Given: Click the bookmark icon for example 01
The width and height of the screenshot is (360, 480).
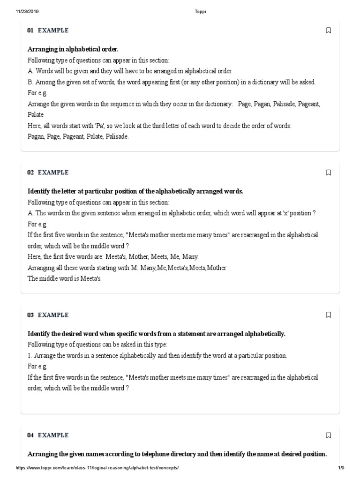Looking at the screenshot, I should [x=328, y=30].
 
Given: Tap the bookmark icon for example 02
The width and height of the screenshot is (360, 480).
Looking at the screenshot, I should [x=328, y=172].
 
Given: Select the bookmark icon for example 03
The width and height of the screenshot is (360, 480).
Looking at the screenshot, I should [x=328, y=315].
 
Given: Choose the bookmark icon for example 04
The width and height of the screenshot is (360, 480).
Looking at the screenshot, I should [x=328, y=435].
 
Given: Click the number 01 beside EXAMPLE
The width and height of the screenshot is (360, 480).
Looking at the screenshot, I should [x=30, y=30].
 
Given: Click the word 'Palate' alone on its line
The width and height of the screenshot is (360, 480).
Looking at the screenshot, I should [x=36, y=114].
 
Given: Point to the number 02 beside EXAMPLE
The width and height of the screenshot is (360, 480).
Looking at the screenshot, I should [x=30, y=172].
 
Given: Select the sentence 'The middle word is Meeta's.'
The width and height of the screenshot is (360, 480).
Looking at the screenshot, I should [x=65, y=278].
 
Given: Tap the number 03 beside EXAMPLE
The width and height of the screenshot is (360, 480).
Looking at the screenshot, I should [x=30, y=315].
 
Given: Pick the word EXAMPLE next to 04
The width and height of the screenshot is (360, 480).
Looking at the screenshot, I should [x=53, y=435].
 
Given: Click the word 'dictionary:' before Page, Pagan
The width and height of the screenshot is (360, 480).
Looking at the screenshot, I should [x=218, y=104].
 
